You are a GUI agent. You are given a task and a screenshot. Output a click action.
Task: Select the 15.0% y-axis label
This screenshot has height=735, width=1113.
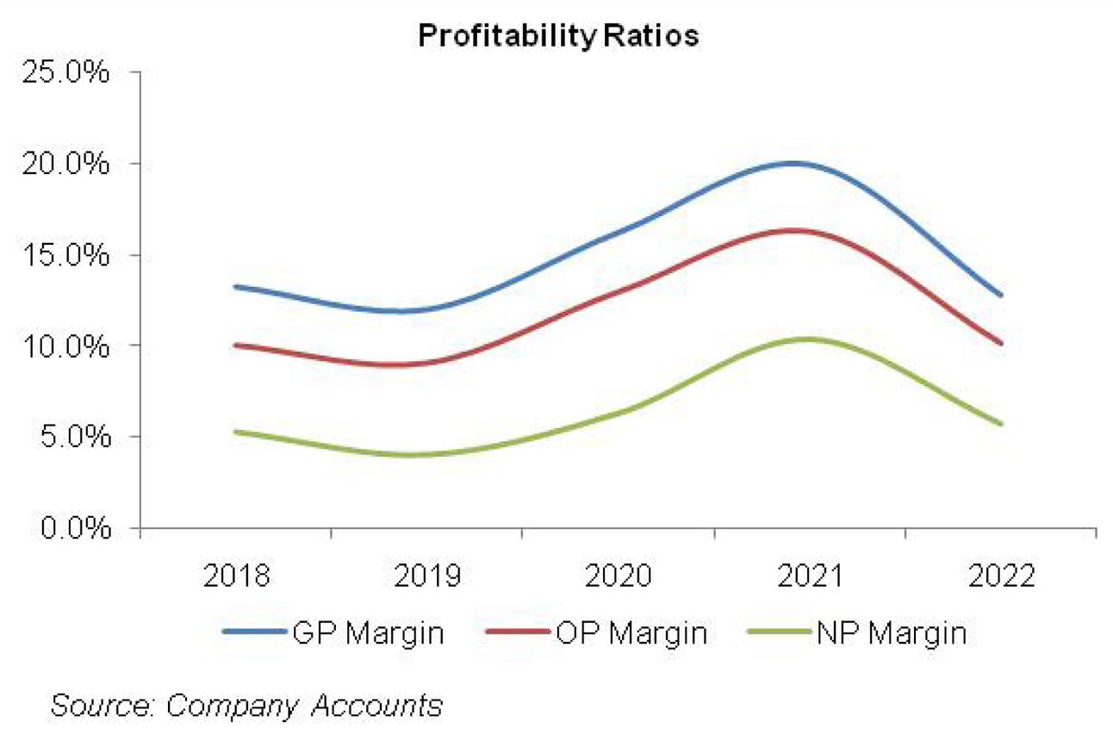coord(66,255)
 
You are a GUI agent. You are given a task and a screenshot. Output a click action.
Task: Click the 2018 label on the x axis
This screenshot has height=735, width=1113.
coord(236,576)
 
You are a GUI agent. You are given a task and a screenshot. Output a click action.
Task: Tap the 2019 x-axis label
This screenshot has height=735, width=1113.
coord(427,576)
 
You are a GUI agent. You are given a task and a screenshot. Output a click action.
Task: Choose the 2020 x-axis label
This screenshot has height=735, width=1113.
coord(619,576)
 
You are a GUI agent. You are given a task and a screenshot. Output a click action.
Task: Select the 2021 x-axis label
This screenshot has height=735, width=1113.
coord(810,576)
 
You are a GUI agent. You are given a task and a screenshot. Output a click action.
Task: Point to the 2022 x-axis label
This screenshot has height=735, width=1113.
coord(1001,576)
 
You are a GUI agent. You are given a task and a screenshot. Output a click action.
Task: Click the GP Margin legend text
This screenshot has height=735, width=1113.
coord(369,633)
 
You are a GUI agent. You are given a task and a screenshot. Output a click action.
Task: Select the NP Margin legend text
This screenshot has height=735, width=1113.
coord(890,633)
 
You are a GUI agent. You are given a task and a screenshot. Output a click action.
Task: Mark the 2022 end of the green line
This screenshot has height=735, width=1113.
coord(1001,424)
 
